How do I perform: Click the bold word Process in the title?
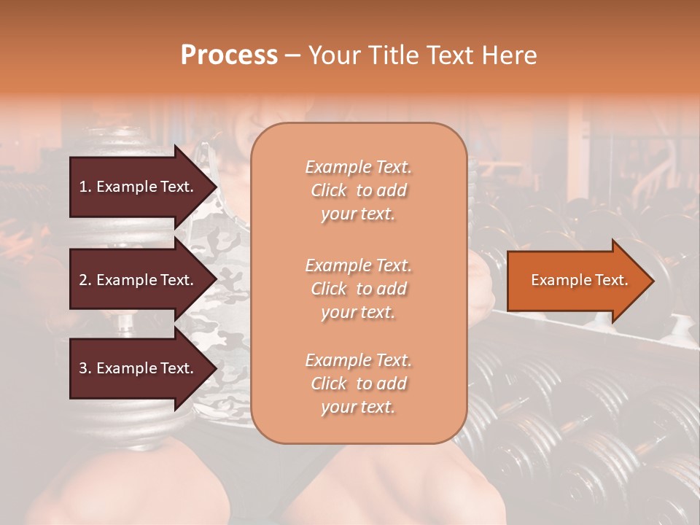[229, 55]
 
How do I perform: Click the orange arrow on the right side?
[580, 281]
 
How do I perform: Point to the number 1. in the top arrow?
[85, 187]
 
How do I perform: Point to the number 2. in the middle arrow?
[85, 280]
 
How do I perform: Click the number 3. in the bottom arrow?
[85, 368]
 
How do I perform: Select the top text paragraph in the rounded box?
[358, 190]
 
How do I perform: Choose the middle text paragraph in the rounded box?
[358, 289]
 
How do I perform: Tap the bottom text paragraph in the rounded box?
[358, 384]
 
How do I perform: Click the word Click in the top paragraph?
[329, 190]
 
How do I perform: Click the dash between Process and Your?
[292, 55]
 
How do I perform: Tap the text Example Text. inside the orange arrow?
[580, 281]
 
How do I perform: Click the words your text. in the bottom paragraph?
[358, 407]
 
